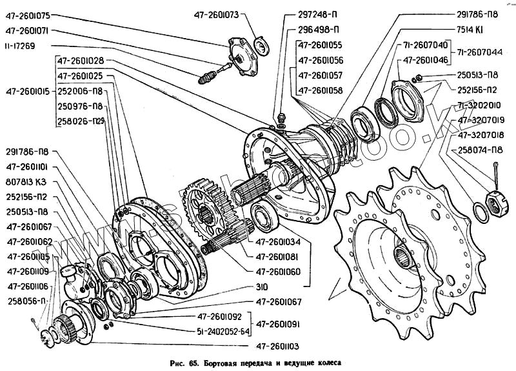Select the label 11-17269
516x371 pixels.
pyautogui.click(x=23, y=46)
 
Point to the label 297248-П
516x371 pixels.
pyautogui.click(x=319, y=14)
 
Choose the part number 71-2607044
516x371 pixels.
pyautogui.click(x=485, y=51)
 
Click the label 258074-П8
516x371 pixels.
pyautogui.click(x=481, y=150)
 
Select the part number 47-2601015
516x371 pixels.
pyautogui.click(x=26, y=90)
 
